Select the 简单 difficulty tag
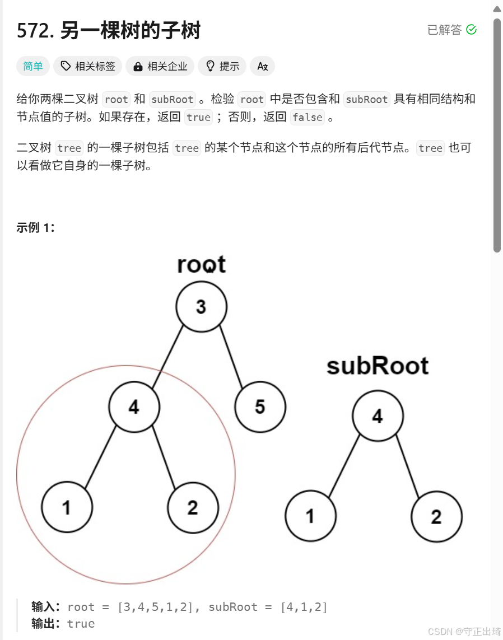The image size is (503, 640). pyautogui.click(x=33, y=66)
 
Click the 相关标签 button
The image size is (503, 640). pyautogui.click(x=88, y=66)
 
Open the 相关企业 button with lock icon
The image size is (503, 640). pyautogui.click(x=160, y=66)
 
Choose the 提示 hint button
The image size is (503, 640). pyautogui.click(x=222, y=66)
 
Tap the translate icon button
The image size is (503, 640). pyautogui.click(x=262, y=66)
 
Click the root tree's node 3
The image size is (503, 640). pyautogui.click(x=201, y=307)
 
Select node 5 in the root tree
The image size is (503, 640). pyautogui.click(x=260, y=407)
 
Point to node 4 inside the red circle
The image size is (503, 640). pyautogui.click(x=134, y=407)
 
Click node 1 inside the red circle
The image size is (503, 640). pyautogui.click(x=67, y=508)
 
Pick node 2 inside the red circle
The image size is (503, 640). pyautogui.click(x=193, y=508)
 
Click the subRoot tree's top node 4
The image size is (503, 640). pyautogui.click(x=378, y=416)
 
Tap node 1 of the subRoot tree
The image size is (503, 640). pyautogui.click(x=310, y=516)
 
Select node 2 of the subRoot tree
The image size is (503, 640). pyautogui.click(x=436, y=516)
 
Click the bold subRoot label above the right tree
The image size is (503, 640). pyautogui.click(x=378, y=366)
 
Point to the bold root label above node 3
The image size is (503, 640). pyautogui.click(x=201, y=264)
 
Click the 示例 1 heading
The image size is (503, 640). pyautogui.click(x=36, y=228)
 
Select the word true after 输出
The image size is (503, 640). pyautogui.click(x=81, y=624)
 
